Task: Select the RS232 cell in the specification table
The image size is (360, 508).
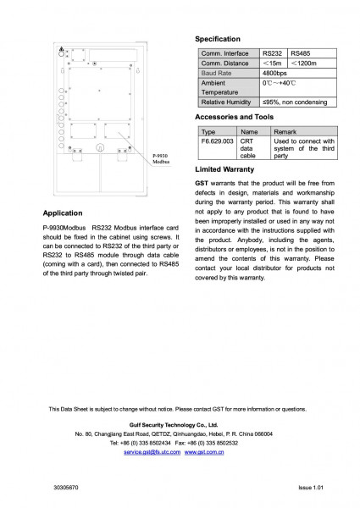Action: tap(274, 53)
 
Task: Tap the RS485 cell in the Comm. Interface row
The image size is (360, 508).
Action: tap(301, 53)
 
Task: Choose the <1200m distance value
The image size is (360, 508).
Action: tap(304, 63)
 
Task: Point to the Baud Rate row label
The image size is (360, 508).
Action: tap(217, 74)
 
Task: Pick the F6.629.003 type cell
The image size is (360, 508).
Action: tap(218, 141)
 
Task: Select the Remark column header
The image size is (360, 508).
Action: tap(285, 132)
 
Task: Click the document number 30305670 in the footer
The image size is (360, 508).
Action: tap(65, 489)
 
